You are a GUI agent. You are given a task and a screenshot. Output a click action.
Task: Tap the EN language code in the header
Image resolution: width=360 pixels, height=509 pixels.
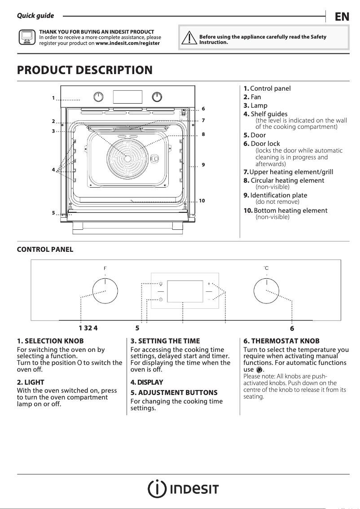click(342, 17)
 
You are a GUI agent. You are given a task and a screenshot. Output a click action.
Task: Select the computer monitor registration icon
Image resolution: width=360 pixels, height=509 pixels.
click(26, 38)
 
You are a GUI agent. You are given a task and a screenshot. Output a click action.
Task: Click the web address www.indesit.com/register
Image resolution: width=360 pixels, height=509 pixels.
click(127, 44)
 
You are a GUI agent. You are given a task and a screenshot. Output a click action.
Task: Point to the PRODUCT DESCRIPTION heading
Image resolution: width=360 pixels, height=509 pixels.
click(84, 70)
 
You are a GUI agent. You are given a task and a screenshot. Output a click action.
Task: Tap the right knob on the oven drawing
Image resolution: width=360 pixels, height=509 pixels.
click(157, 97)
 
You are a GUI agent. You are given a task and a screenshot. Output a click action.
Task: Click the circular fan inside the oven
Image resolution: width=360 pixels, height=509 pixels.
click(127, 154)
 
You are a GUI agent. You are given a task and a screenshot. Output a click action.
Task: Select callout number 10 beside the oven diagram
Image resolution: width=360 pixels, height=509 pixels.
click(202, 201)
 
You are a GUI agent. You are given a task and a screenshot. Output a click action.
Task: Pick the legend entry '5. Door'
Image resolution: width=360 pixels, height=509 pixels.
click(255, 135)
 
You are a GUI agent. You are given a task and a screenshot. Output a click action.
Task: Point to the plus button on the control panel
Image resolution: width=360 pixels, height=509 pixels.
click(209, 284)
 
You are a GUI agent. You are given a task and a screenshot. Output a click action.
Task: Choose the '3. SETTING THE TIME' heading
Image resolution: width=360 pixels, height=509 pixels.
click(165, 341)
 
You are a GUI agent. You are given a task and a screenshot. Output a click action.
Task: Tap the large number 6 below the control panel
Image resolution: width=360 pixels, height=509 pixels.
click(292, 328)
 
